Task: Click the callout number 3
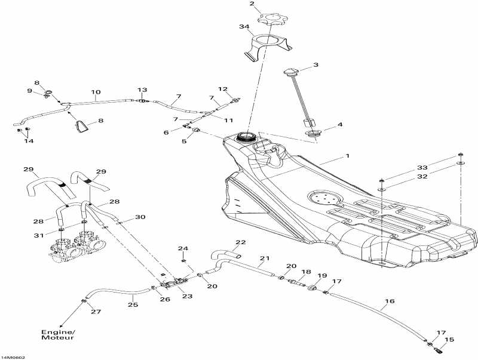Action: click(315, 65)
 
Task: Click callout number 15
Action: click(449, 340)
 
